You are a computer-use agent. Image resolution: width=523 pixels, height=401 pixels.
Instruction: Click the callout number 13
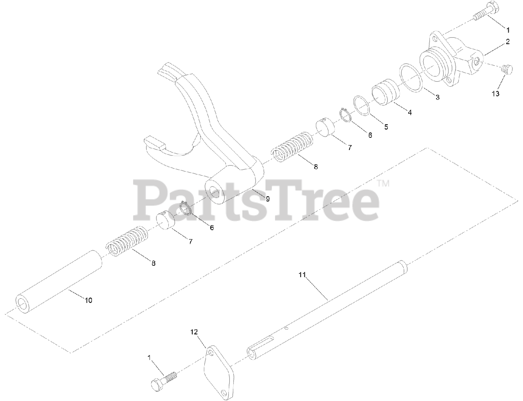point(495,94)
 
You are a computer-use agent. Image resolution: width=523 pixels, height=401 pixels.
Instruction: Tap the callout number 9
point(268,199)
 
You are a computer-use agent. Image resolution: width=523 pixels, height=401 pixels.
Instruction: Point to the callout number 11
point(302,275)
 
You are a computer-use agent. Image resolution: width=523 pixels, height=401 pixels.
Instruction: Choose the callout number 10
point(88,300)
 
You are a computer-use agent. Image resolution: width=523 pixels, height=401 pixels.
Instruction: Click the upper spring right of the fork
point(293,146)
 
